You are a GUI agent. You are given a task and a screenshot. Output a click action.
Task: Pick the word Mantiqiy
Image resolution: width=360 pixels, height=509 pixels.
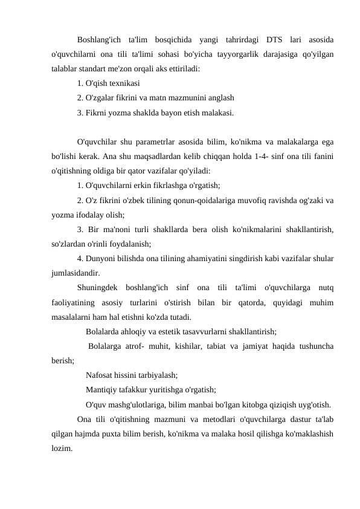[x=103, y=390]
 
